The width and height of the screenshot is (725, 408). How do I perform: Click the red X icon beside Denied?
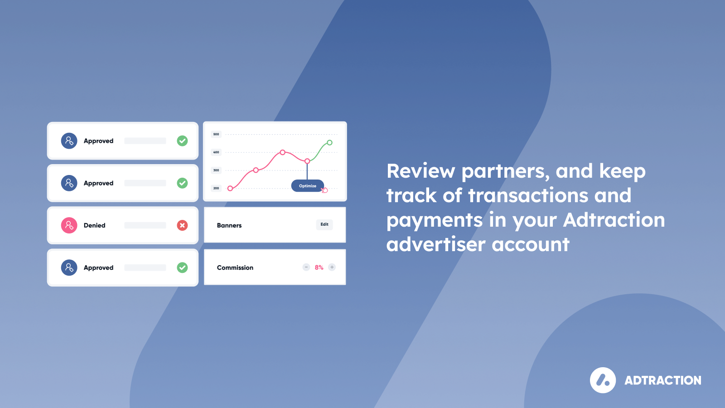point(182,225)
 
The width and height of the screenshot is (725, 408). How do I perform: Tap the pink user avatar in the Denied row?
point(69,225)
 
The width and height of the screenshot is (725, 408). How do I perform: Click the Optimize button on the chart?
point(308,186)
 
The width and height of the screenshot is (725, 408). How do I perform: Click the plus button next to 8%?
point(332,267)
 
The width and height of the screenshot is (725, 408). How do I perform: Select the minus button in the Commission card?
point(306,267)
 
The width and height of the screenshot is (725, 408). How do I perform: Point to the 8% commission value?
point(319,267)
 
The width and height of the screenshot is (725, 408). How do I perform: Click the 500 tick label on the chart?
point(216,134)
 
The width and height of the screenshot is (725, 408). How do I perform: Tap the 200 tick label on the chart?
point(216,188)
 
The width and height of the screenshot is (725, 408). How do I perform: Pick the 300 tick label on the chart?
point(216,170)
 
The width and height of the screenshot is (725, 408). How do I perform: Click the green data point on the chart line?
point(329,142)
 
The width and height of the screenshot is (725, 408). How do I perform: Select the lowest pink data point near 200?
point(230,189)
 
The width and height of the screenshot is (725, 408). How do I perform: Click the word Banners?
point(229,225)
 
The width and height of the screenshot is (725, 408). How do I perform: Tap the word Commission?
point(235,267)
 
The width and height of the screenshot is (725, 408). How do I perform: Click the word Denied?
point(95,225)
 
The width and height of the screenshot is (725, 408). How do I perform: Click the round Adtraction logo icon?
point(603,380)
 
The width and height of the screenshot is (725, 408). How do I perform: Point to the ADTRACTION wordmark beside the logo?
point(663,380)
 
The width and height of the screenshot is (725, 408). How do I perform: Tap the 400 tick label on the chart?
point(216,152)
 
